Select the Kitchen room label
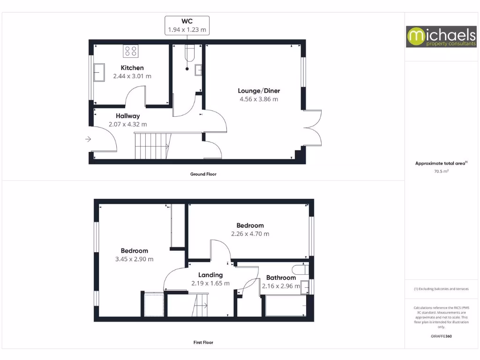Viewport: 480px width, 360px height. click(x=132, y=67)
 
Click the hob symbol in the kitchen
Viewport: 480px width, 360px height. click(x=130, y=50)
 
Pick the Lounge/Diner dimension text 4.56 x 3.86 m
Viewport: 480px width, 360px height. click(x=259, y=99)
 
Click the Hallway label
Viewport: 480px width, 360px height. click(x=127, y=116)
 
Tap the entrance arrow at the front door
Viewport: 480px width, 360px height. click(x=88, y=139)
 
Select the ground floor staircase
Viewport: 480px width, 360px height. click(x=151, y=146)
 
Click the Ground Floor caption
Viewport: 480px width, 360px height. click(x=203, y=174)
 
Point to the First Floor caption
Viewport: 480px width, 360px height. click(x=203, y=343)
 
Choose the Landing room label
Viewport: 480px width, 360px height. click(x=210, y=275)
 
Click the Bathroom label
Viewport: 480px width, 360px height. click(x=281, y=277)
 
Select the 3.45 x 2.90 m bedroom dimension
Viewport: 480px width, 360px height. click(x=134, y=259)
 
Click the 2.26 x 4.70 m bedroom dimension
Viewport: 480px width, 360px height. click(x=250, y=233)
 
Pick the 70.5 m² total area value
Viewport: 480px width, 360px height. click(x=441, y=172)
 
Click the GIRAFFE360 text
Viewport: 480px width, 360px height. click(x=441, y=336)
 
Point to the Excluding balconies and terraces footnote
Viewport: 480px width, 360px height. click(x=441, y=289)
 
